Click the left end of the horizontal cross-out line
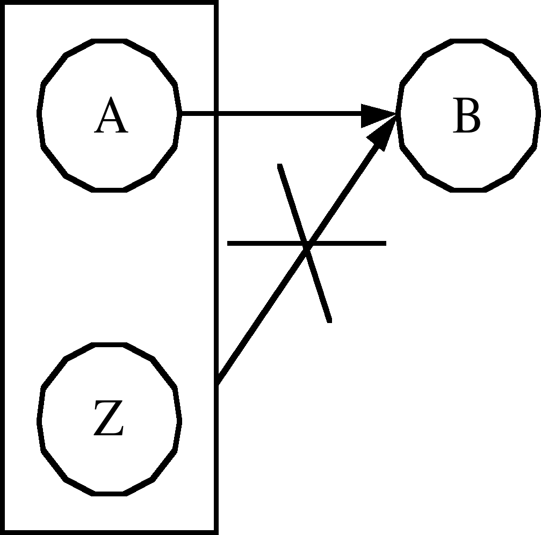pos(229,244)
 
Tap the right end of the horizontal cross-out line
pos(385,244)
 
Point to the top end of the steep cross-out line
pos(279,165)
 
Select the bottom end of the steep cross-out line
pos(329,321)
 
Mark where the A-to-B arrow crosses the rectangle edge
pos(216,114)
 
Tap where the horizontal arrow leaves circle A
pos(181,114)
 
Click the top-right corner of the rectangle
pos(216,3)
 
